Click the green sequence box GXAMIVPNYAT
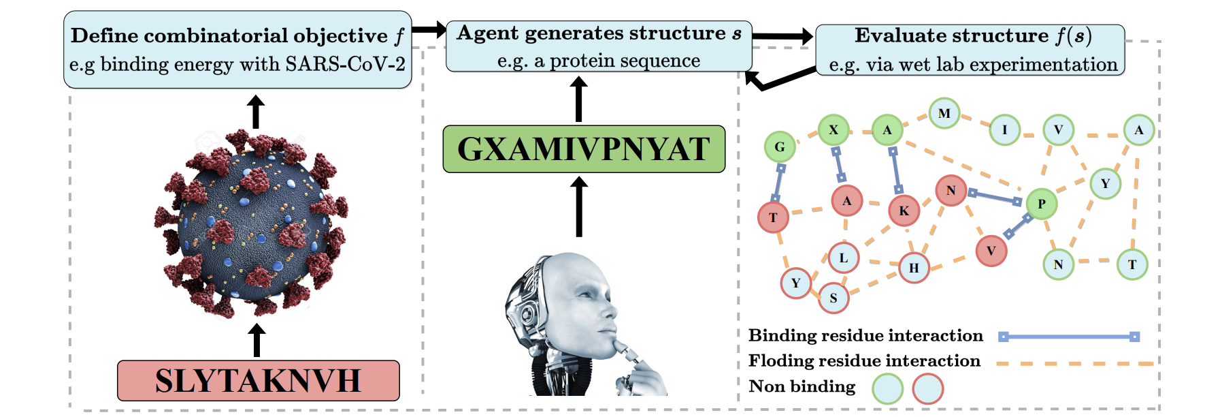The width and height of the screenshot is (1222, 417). [x=584, y=149]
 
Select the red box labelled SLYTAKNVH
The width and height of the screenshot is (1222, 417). [x=258, y=380]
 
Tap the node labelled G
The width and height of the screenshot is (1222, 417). [x=780, y=146]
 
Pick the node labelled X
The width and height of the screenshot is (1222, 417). [x=833, y=129]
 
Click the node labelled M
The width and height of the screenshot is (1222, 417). [x=944, y=113]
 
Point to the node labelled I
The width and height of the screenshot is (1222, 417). [x=1004, y=129]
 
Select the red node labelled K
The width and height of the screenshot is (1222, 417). [x=904, y=211]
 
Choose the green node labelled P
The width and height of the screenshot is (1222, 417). [x=1041, y=204]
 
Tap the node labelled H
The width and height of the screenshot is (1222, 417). [x=914, y=268]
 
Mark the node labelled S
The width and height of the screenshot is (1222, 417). [x=833, y=298]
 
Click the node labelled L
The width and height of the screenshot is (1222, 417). [x=844, y=258]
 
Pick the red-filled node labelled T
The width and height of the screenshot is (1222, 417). [x=773, y=217]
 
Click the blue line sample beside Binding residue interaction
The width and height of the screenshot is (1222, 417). [x=1068, y=337]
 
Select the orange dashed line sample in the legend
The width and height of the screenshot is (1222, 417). [x=1075, y=363]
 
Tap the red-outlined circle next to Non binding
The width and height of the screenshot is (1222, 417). [x=927, y=390]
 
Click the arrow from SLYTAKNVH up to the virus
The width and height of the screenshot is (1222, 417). [x=257, y=339]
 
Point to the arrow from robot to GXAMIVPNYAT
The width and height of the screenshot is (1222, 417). [x=579, y=206]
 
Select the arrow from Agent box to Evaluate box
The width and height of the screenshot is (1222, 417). [x=782, y=36]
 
